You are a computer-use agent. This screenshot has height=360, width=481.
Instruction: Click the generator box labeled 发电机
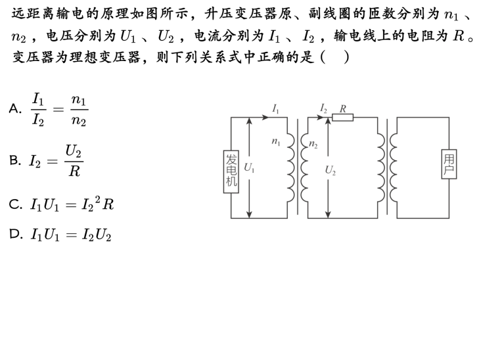tap(231, 171)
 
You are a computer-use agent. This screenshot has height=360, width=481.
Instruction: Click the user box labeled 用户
tap(449, 164)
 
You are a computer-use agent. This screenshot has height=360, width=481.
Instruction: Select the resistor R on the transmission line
tap(342, 118)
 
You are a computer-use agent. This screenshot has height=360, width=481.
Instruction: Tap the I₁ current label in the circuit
tap(275, 108)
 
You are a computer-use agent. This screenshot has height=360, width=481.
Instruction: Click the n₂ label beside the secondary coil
tap(313, 144)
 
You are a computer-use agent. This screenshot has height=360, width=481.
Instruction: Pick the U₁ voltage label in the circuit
tap(249, 168)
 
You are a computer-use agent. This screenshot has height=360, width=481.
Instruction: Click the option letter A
tap(14, 109)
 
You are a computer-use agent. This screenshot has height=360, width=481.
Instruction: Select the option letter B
tap(14, 160)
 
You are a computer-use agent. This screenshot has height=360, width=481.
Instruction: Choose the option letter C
tap(14, 204)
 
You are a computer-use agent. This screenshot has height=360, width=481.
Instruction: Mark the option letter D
tap(14, 234)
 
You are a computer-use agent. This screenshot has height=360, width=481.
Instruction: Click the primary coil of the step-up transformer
tap(290, 168)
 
